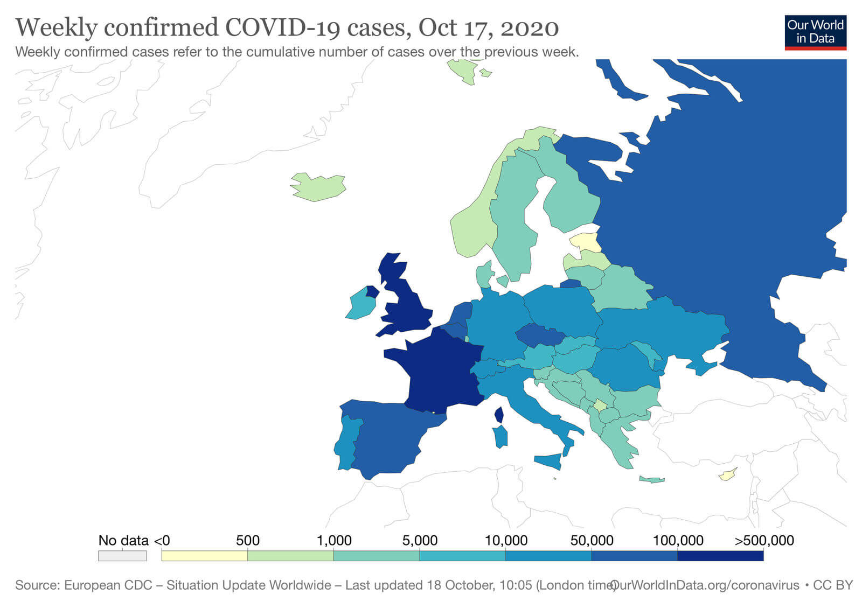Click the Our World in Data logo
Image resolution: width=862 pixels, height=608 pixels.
click(x=815, y=32)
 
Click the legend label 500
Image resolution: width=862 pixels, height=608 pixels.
click(x=247, y=540)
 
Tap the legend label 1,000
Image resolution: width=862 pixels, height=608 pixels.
click(x=334, y=540)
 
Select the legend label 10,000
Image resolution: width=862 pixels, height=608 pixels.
click(x=506, y=540)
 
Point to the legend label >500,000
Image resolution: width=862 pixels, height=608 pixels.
click(x=764, y=540)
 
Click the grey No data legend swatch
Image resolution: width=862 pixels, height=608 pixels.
click(x=122, y=556)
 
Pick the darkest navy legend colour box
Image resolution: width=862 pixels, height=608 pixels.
click(x=720, y=556)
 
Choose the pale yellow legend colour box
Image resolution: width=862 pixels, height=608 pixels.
click(x=204, y=556)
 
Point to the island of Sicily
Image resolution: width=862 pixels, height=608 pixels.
click(x=548, y=461)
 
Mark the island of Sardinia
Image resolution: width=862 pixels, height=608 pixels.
click(x=500, y=436)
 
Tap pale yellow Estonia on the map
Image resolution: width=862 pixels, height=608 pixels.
click(x=587, y=242)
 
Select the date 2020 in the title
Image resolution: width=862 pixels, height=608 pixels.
click(x=530, y=27)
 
